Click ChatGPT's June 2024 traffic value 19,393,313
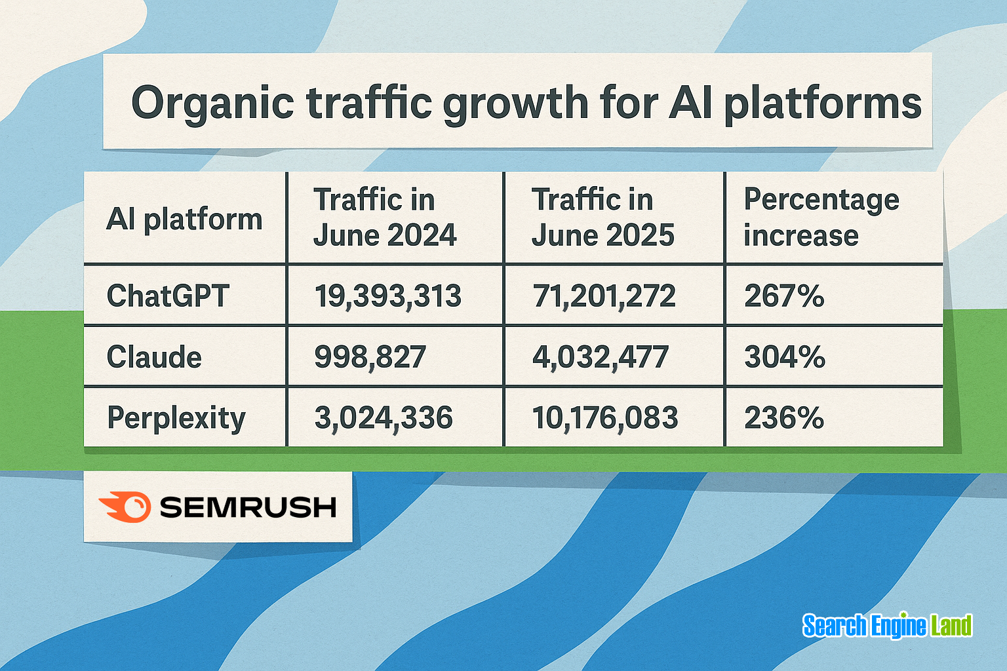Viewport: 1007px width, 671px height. pos(387,296)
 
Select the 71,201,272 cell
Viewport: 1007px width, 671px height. pos(604,296)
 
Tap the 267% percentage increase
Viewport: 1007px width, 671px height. pos(784,296)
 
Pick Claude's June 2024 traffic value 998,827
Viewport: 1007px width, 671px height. pos(370,357)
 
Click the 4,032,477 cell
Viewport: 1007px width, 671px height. pos(600,357)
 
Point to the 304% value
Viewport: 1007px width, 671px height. pos(784,357)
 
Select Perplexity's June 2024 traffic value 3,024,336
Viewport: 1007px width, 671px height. pos(384,417)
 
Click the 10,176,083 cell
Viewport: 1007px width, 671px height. pos(604,417)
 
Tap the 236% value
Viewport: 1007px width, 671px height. pos(783,417)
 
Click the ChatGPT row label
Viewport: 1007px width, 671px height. pos(168,296)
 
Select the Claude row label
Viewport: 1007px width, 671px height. pos(154,357)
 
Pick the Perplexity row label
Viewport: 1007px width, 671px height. pos(176,418)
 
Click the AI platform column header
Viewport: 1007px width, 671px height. pos(184,219)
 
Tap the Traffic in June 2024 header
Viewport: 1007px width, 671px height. pos(384,218)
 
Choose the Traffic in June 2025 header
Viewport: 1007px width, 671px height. pos(602,218)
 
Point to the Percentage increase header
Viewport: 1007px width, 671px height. pos(821,218)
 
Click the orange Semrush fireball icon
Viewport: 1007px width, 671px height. pos(125,507)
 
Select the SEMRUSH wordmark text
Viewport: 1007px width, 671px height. pos(248,507)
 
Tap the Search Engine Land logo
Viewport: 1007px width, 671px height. pos(887,626)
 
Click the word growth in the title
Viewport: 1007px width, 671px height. pos(515,104)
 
